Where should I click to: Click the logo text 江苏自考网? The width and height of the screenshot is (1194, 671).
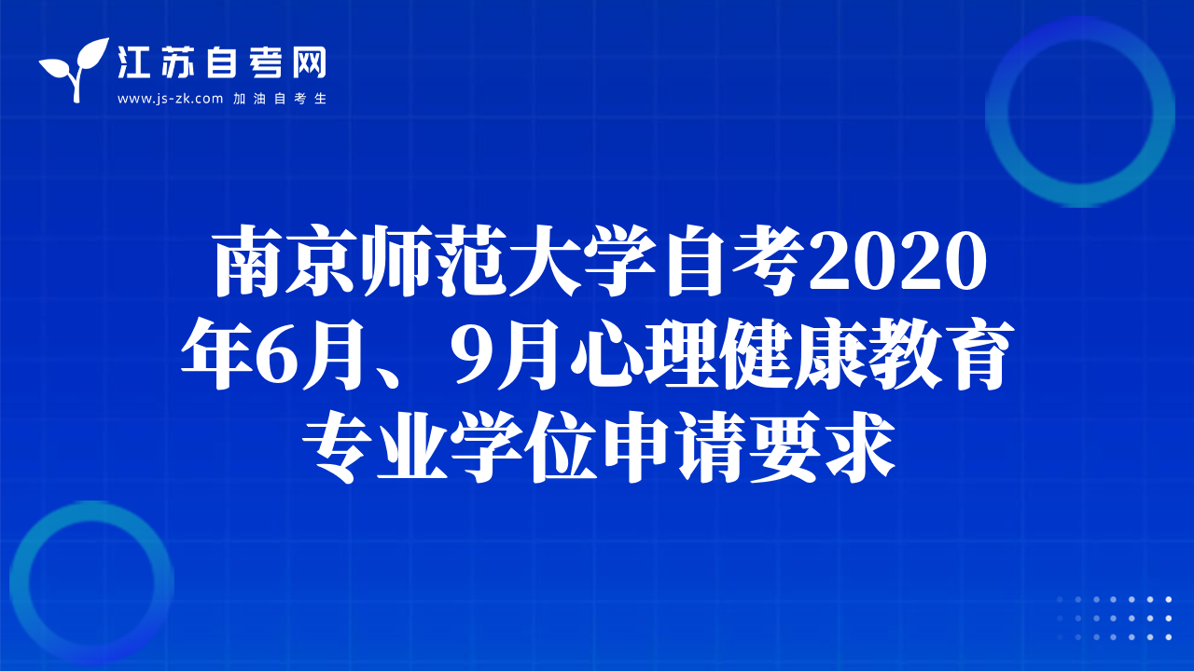click(222, 62)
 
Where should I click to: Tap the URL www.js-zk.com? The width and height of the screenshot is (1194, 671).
click(170, 99)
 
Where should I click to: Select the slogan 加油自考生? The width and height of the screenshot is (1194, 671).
click(280, 99)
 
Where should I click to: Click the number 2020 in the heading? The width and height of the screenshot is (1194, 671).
click(897, 261)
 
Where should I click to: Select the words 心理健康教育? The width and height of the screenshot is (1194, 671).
click(792, 353)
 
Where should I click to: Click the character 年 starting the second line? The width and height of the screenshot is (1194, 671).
click(216, 353)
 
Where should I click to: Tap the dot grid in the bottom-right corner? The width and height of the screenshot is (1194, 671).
click(1114, 618)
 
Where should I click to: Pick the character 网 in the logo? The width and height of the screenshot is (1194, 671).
click(309, 62)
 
